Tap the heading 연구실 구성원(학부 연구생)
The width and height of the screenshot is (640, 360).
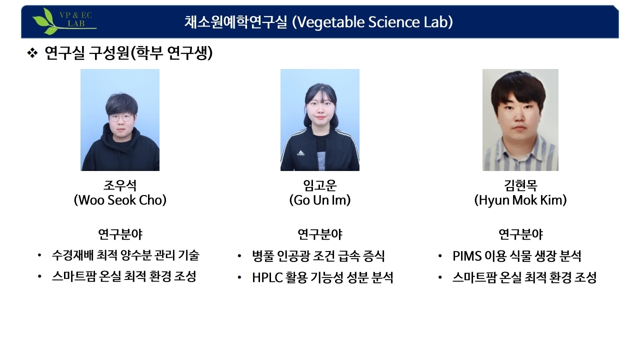tap(128, 53)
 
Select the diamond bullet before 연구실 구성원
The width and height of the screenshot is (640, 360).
tap(32, 53)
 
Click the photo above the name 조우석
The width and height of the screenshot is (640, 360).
tap(120, 120)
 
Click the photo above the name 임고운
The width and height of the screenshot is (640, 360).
tap(320, 120)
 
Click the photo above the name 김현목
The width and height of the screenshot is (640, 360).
tap(520, 120)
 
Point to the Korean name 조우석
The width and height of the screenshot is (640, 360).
tap(120, 186)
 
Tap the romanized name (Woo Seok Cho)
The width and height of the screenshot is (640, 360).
tap(120, 200)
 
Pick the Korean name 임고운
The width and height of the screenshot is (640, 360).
tap(320, 186)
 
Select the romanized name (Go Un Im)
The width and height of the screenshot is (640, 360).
tap(320, 200)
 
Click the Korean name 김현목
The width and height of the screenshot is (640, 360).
tap(520, 186)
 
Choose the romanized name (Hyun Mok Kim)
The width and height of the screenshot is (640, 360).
tap(520, 200)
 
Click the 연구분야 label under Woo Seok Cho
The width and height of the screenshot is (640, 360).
tap(120, 234)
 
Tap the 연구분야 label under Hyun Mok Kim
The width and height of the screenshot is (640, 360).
tap(520, 234)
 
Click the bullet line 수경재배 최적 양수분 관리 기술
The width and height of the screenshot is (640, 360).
tap(125, 255)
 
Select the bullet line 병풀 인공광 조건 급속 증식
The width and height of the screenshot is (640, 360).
tap(318, 256)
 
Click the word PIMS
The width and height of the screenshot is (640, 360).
tap(467, 256)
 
